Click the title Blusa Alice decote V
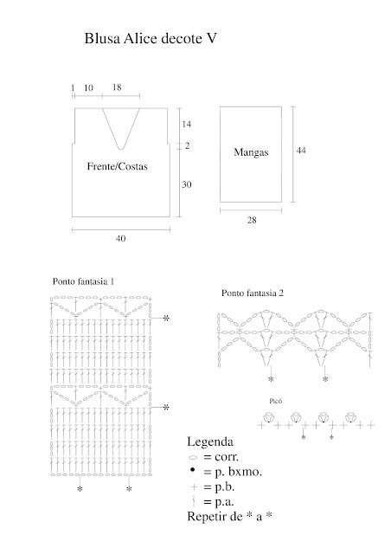click(151, 38)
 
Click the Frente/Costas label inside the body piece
click(118, 166)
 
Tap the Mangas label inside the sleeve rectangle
click(251, 152)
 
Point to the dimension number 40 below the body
click(120, 239)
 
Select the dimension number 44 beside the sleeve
click(301, 150)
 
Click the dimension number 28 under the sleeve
click(252, 220)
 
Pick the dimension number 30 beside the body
click(187, 184)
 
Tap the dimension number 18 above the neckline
click(117, 87)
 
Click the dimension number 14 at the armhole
click(187, 124)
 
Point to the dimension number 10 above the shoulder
click(88, 87)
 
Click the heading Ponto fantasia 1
click(83, 281)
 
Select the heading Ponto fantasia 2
click(253, 293)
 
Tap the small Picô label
click(275, 401)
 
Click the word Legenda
click(210, 441)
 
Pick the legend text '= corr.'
click(221, 456)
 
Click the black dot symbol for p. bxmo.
click(193, 469)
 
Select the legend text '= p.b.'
click(219, 486)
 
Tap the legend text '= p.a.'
click(219, 502)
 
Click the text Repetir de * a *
click(229, 516)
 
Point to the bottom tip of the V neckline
click(121, 149)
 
